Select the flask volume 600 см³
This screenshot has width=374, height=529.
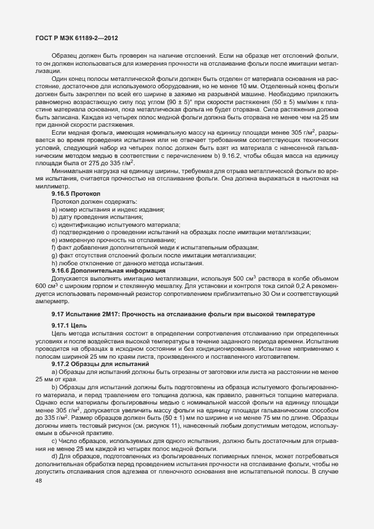click(45, 286)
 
